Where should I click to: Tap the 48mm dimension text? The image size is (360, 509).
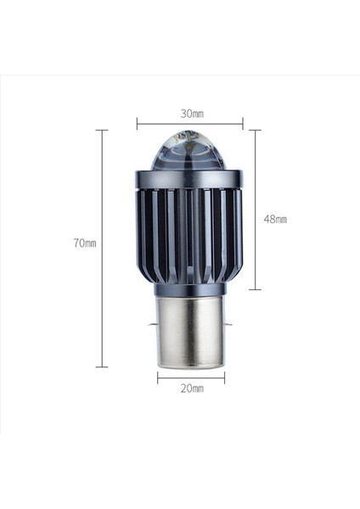tap(275, 219)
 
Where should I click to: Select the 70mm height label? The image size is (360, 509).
tap(85, 243)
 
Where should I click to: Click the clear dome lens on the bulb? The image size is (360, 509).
tap(188, 152)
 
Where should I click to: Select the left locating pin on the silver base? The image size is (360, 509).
tap(153, 323)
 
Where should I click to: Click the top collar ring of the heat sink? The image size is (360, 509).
tap(188, 179)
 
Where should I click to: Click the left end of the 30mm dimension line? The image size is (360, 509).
tap(137, 124)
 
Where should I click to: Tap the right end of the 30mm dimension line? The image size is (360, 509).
tap(243, 124)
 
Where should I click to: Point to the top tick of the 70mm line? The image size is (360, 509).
tap(102, 131)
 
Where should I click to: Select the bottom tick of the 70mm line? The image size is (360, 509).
tap(102, 366)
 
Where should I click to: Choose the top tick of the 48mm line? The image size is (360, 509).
tap(255, 131)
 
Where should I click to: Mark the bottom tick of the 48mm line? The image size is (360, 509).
tap(255, 289)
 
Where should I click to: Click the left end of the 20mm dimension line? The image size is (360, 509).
tap(157, 378)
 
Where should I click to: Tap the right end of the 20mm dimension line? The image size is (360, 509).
tap(224, 378)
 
